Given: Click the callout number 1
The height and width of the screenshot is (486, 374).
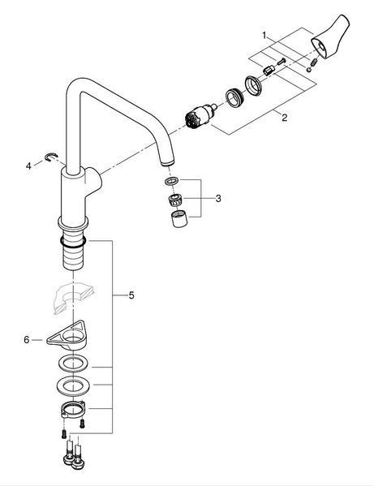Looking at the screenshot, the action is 264,36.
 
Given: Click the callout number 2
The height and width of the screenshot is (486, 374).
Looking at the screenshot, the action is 284,118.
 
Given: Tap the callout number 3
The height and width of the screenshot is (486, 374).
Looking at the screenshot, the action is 218,198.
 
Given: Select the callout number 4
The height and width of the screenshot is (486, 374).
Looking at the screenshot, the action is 28,166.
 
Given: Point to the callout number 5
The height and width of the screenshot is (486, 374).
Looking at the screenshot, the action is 131,295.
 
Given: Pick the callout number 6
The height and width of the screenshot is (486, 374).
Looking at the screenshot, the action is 27,340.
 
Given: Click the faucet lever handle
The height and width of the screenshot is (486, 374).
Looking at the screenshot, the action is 330,37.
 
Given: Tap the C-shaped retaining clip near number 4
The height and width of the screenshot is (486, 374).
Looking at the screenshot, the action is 50,157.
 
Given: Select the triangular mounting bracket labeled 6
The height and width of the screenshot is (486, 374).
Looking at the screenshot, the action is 67,336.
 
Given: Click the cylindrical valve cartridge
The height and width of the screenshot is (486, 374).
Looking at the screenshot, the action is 199,116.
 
